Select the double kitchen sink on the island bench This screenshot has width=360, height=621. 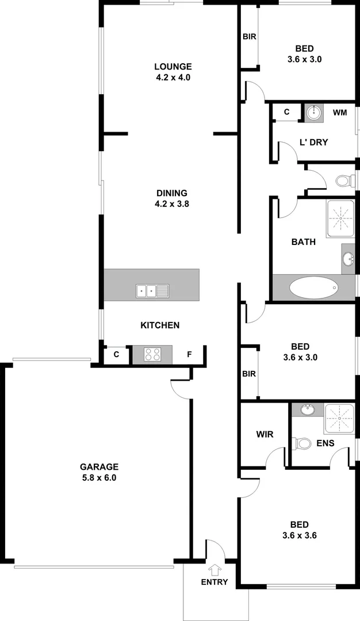coord(152,292)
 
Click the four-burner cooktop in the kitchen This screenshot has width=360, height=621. coord(152,354)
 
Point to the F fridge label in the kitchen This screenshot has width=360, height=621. coord(189,354)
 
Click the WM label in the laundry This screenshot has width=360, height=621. coord(340,113)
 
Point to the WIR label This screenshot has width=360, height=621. coord(265,434)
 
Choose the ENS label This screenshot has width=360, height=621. coord(325,443)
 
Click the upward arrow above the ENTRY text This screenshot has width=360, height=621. coord(215,570)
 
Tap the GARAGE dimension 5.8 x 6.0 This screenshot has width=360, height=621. coord(98,477)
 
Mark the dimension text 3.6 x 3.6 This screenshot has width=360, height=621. coord(300,535)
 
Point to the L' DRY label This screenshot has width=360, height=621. coord(313,142)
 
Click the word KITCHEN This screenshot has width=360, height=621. coord(160,325)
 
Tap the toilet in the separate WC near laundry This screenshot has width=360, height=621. coord(343,181)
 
